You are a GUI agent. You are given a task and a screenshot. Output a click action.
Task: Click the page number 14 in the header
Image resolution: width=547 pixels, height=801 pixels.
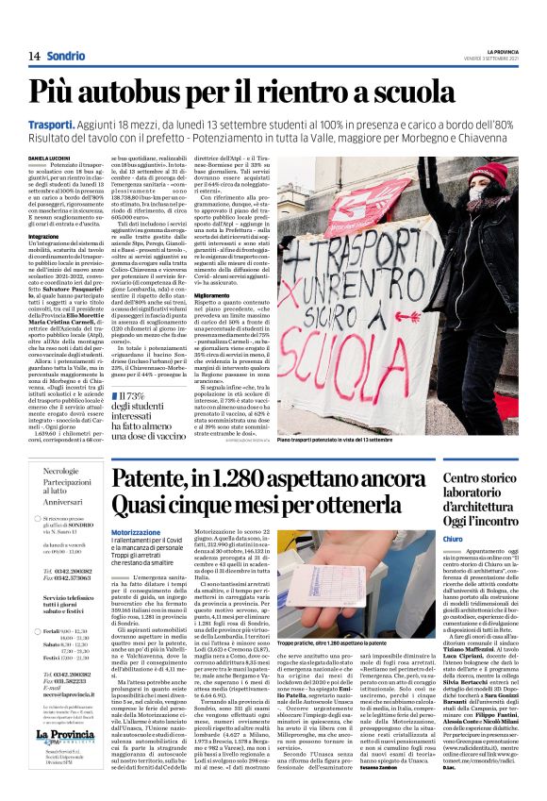(33, 56)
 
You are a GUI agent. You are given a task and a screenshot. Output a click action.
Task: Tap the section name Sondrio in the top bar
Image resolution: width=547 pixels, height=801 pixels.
(66, 56)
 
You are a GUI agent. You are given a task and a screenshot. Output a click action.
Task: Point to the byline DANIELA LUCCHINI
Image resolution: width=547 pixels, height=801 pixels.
(49, 158)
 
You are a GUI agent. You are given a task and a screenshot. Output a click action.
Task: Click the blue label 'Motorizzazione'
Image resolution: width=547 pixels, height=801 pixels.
(135, 507)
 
